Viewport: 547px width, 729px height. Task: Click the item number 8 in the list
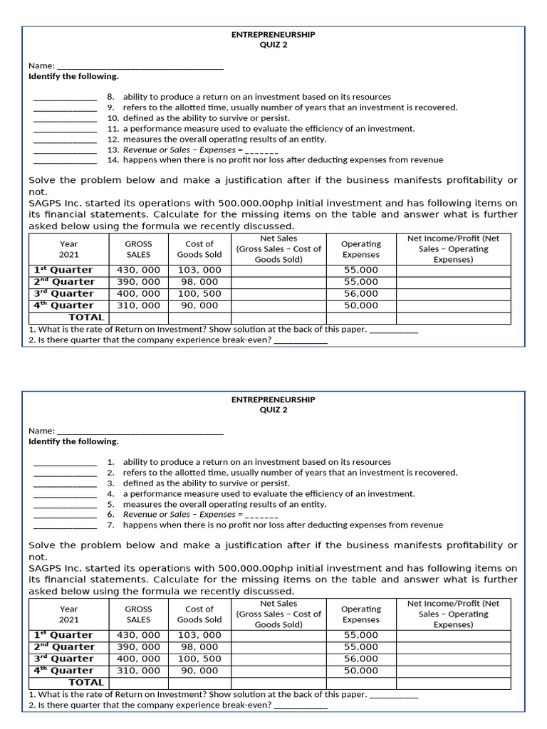click(111, 97)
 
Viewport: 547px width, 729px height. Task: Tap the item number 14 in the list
click(113, 160)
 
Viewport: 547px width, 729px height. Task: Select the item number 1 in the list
click(111, 462)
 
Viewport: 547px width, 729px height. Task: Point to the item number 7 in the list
click(111, 525)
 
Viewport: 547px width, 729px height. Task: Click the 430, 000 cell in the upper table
click(138, 271)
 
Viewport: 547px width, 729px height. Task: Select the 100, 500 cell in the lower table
click(199, 659)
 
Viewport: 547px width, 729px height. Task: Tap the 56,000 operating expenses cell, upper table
click(361, 293)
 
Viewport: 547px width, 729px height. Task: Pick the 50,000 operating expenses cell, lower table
click(361, 671)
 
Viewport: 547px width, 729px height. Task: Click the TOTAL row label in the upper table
click(86, 318)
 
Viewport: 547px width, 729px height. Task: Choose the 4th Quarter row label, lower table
click(63, 671)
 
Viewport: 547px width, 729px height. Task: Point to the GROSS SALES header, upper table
click(138, 249)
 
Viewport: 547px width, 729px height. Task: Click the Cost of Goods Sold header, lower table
click(199, 614)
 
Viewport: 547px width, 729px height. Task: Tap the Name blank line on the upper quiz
click(140, 66)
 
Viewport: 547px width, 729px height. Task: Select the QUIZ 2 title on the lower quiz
click(273, 410)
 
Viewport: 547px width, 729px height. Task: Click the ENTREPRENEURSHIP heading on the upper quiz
click(273, 34)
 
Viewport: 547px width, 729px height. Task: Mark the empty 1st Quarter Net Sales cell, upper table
click(278, 271)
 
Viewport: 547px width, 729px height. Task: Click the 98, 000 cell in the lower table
click(199, 647)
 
